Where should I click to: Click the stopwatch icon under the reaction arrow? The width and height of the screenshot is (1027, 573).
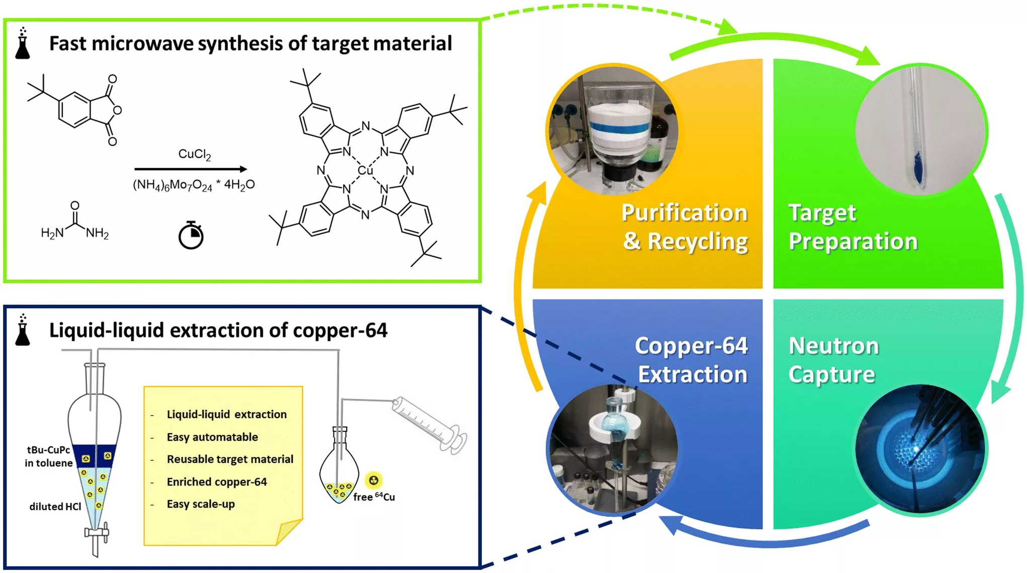pyautogui.click(x=191, y=235)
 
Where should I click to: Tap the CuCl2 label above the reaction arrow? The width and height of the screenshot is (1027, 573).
pyautogui.click(x=195, y=154)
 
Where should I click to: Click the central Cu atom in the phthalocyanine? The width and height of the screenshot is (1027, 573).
pyautogui.click(x=365, y=170)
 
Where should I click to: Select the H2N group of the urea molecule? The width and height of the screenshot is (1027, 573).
pyautogui.click(x=52, y=233)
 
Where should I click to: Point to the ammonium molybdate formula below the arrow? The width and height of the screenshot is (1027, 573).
pyautogui.click(x=194, y=185)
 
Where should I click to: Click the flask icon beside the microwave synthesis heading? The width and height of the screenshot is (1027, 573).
pyautogui.click(x=22, y=44)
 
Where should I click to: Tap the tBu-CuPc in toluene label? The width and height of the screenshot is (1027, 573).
pyautogui.click(x=49, y=456)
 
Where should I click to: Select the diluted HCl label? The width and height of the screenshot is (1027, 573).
pyautogui.click(x=55, y=506)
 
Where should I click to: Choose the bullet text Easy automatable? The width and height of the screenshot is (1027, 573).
pyautogui.click(x=212, y=437)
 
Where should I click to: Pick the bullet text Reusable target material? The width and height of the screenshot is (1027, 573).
pyautogui.click(x=230, y=459)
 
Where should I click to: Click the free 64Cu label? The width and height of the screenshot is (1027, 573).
pyautogui.click(x=374, y=497)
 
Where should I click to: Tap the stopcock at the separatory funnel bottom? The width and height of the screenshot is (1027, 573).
pyautogui.click(x=96, y=532)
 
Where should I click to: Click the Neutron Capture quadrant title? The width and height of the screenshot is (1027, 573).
pyautogui.click(x=833, y=360)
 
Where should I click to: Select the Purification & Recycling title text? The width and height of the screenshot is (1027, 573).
pyautogui.click(x=684, y=227)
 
